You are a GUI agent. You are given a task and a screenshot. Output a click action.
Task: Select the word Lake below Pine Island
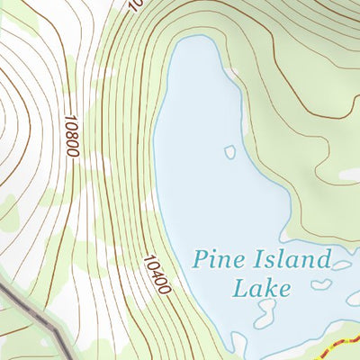click(262, 288)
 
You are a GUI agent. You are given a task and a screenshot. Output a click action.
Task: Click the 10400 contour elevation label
click(155, 274)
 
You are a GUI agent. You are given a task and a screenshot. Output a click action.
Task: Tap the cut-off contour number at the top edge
click(135, 4)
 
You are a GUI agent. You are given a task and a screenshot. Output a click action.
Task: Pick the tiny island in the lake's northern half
click(229, 152)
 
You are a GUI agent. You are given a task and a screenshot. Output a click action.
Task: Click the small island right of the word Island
click(341, 265)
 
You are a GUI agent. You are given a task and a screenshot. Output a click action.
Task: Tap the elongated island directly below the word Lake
click(265, 314)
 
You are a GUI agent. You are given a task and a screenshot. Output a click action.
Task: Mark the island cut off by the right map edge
click(354, 298)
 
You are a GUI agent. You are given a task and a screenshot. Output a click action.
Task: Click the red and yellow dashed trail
click(337, 346)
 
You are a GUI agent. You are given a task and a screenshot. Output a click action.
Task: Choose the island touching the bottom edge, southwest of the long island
click(239, 345)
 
